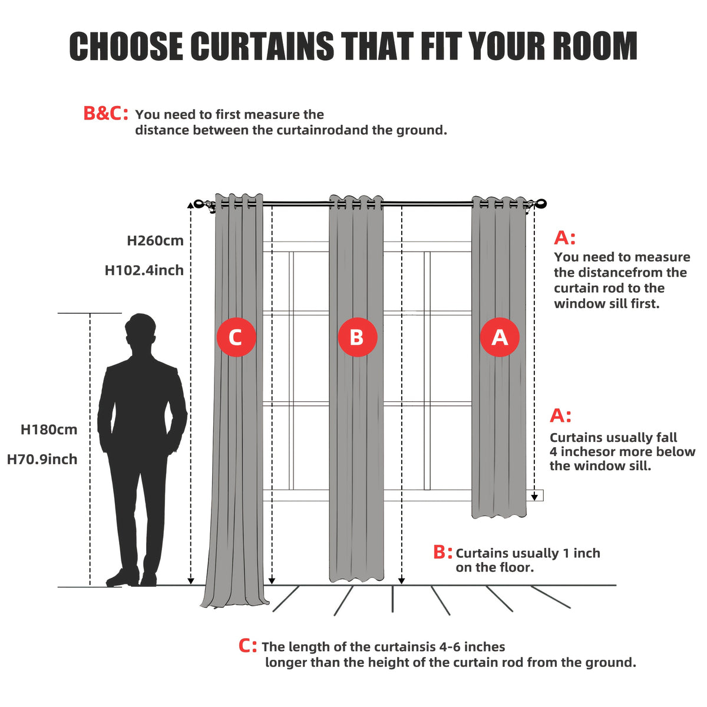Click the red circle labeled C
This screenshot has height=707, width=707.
coord(236,337)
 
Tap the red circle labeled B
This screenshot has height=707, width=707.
coord(357,337)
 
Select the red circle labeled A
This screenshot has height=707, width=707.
coord(500,337)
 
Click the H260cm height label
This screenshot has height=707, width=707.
coord(155,241)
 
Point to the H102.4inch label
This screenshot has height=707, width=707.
coord(144,270)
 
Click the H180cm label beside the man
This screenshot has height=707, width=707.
coord(49,430)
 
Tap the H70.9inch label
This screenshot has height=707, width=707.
coord(42,460)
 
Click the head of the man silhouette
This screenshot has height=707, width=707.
coord(141,329)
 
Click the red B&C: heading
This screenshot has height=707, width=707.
coord(105,113)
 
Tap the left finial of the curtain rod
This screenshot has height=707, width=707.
coord(199,204)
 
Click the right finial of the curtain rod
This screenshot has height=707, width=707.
coord(541,204)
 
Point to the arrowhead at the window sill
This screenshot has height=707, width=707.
coord(534,497)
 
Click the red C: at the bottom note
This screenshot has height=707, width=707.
coord(247,646)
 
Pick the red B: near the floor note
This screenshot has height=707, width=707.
coord(442,552)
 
